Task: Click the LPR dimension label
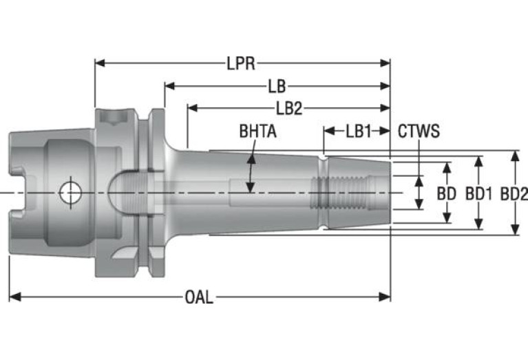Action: click(241, 64)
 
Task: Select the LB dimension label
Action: click(277, 86)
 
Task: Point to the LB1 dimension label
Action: click(359, 131)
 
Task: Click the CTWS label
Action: click(419, 131)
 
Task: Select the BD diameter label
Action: click(447, 193)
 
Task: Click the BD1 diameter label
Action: click(478, 193)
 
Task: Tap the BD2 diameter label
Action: click(514, 193)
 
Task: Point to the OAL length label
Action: click(199, 297)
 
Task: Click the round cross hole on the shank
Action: click(69, 192)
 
